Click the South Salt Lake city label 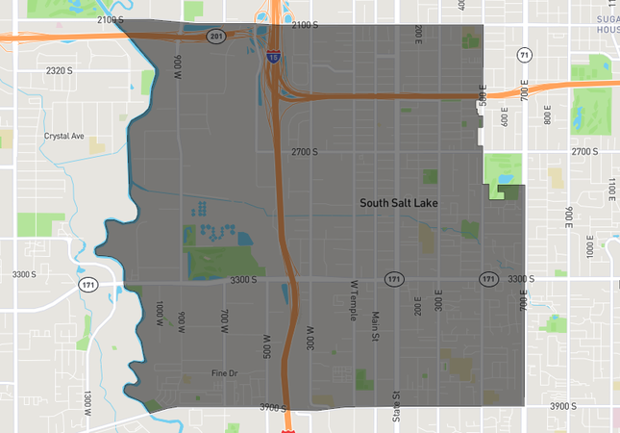point(398,203)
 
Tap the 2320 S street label point(60,70)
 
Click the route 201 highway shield point(215,36)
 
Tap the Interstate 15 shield point(274,58)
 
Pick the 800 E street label point(548,114)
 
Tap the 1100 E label point(610,191)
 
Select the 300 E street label point(438,305)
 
